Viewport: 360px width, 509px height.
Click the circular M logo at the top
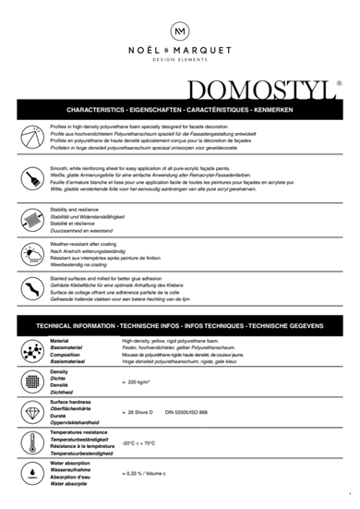coord(180,31)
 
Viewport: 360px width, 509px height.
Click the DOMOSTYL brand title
coord(261,91)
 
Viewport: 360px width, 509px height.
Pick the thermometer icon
coord(30,442)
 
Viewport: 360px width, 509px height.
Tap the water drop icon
coord(30,473)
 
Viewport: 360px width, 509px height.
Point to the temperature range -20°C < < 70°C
coord(140,442)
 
